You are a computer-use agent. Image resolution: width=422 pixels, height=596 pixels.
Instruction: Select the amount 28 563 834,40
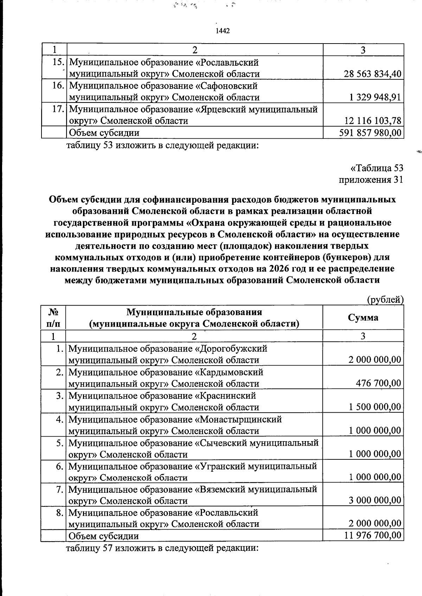click(372, 74)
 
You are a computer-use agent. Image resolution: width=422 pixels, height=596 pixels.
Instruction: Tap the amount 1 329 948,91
click(375, 97)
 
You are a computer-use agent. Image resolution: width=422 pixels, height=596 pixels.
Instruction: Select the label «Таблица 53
click(376, 168)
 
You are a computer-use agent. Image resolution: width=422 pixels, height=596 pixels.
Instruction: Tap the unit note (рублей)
click(385, 300)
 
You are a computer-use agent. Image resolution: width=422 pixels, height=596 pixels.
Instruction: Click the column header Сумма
click(363, 317)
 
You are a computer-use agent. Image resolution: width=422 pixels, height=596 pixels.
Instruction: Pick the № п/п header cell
click(53, 317)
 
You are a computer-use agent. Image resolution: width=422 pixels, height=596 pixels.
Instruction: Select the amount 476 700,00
click(378, 383)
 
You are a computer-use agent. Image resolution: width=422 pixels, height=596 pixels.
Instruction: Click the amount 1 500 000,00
click(375, 407)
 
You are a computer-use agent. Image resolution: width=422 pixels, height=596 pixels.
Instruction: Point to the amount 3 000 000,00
click(375, 500)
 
